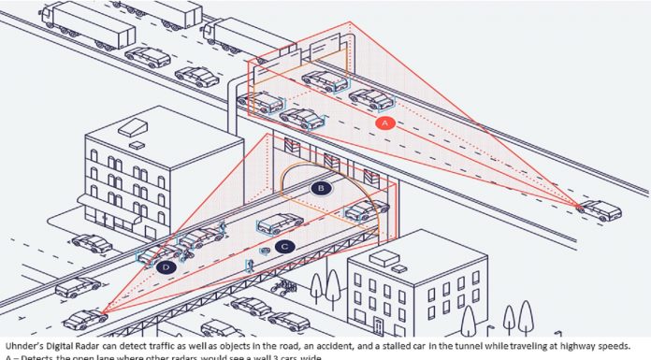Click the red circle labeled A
[383, 122]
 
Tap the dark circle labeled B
[321, 189]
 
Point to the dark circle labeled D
[166, 268]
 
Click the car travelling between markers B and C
[280, 223]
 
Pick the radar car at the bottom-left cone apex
[85, 318]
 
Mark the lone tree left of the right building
[332, 285]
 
